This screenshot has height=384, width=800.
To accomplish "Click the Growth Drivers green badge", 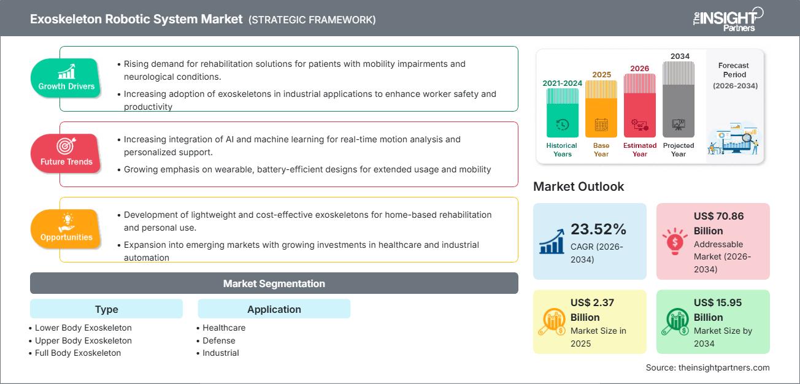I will coord(66,78).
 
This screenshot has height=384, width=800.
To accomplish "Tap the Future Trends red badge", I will coord(66,153).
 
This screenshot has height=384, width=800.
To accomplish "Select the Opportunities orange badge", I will coord(66,229).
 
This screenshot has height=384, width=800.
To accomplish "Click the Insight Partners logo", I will coord(728,19).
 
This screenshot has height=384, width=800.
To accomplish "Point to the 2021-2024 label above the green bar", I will coord(562,83).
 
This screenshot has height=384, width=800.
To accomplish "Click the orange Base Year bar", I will coord(601,109).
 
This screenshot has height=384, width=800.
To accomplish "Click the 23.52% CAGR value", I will coord(599,229).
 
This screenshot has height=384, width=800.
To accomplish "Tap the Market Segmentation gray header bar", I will coord(274,283).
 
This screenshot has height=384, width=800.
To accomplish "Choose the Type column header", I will coord(106,309).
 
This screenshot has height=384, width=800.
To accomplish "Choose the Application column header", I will coord(274,309).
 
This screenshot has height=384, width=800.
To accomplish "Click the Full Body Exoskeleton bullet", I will coord(78,353).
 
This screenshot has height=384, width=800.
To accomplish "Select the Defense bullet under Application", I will coord(219,340).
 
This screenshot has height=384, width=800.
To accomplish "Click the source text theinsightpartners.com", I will coord(707,367).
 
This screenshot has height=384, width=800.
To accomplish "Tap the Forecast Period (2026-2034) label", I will coord(734,75).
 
